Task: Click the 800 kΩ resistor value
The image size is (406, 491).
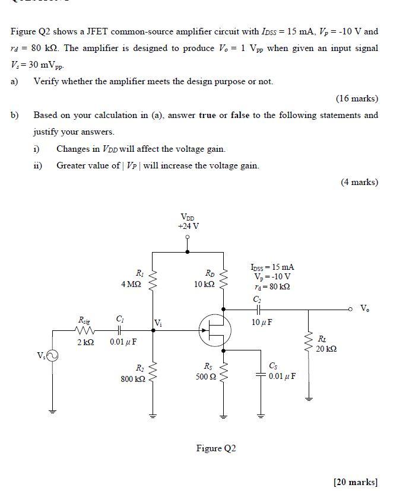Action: pyautogui.click(x=132, y=378)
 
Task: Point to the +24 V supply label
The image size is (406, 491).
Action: pyautogui.click(x=188, y=226)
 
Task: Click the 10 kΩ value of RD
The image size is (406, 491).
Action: pyautogui.click(x=204, y=284)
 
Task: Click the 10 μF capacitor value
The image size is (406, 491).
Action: pyautogui.click(x=262, y=323)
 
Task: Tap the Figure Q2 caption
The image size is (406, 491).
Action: pyautogui.click(x=216, y=448)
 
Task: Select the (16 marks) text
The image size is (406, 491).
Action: pyautogui.click(x=357, y=98)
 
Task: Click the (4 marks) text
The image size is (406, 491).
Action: pyautogui.click(x=359, y=182)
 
